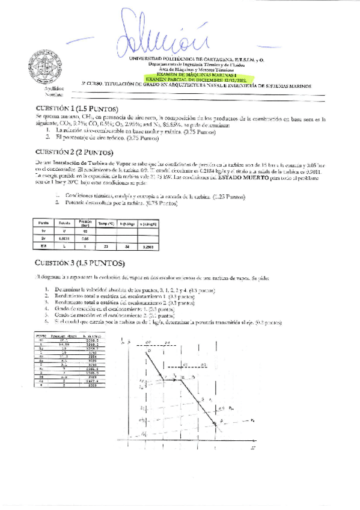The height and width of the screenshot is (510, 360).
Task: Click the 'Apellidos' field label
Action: click(x=54, y=88)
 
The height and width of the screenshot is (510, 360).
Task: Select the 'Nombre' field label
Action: click(x=53, y=94)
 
